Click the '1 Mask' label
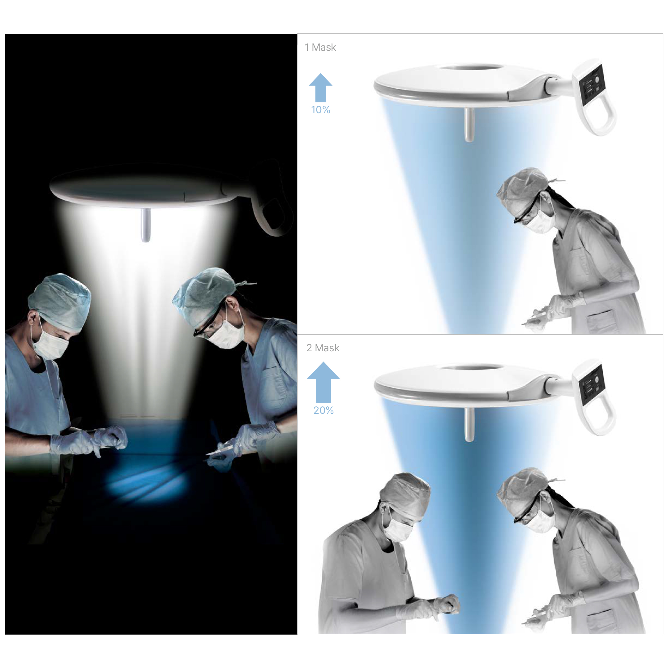(x=320, y=47)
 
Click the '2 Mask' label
(x=323, y=348)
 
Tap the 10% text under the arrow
(x=320, y=110)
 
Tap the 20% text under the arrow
(x=323, y=410)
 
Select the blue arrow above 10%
(x=320, y=88)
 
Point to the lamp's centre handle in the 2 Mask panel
(x=469, y=425)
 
